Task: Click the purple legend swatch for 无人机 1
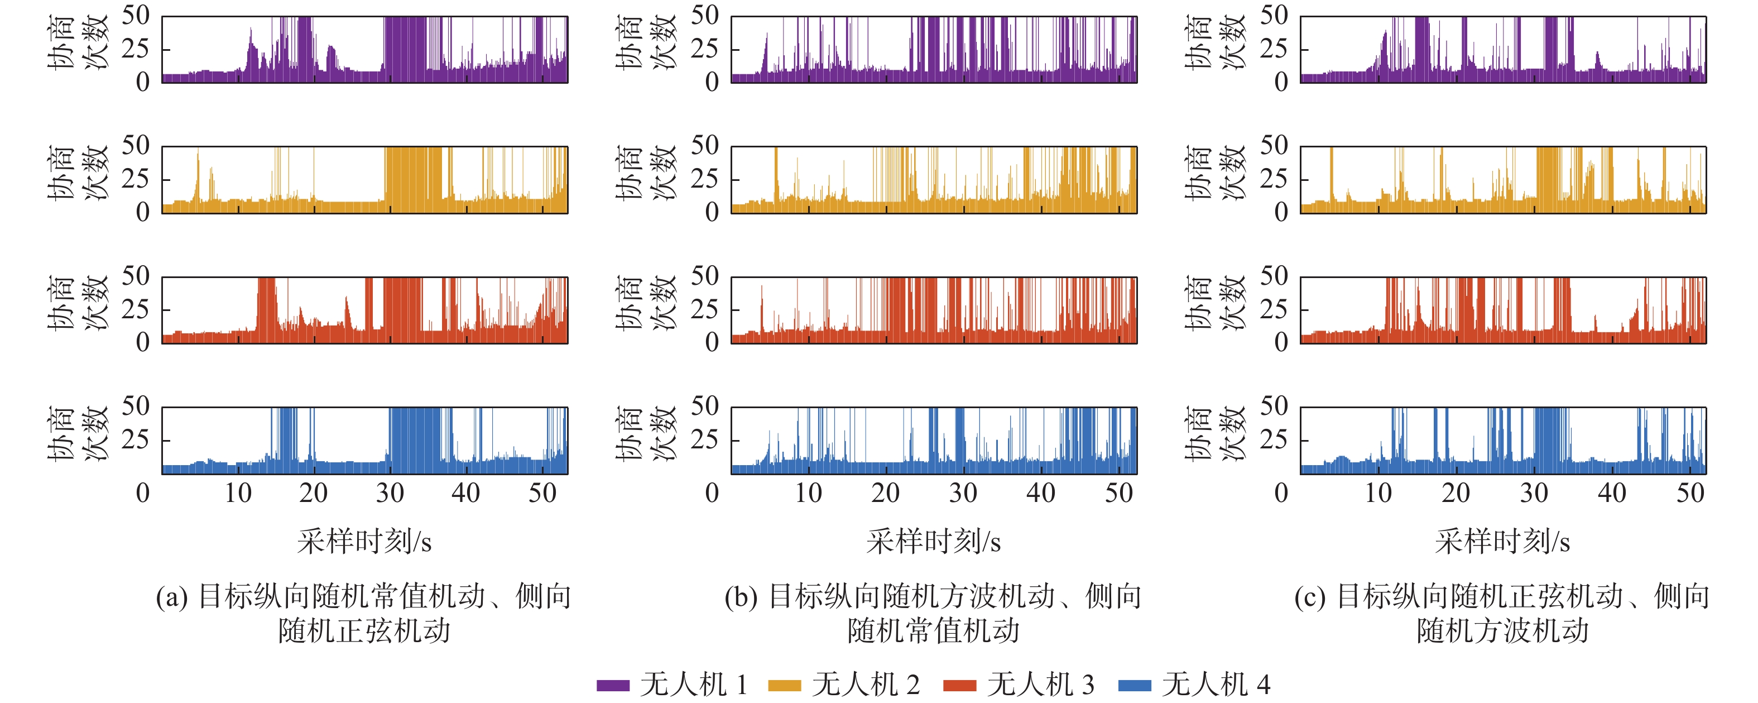[612, 685]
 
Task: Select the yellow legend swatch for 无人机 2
[784, 685]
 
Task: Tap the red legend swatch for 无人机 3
[959, 685]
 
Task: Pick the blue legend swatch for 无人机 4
[1134, 685]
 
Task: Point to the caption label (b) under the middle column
[741, 597]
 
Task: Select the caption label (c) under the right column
[1310, 597]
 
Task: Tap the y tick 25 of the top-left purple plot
[135, 49]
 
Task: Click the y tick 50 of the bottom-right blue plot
[1274, 406]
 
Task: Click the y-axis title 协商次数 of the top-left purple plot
[78, 42]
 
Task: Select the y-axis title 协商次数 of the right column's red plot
[1215, 304]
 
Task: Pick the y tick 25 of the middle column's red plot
[704, 310]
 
